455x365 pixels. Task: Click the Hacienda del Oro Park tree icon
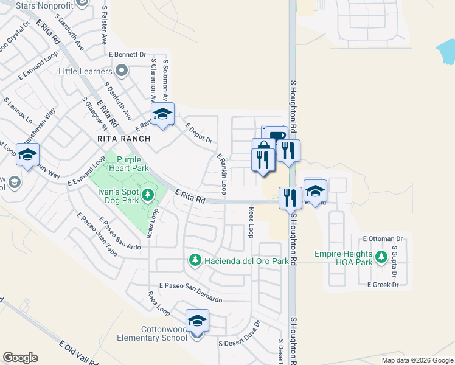tap(195, 260)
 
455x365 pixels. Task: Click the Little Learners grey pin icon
tap(122, 71)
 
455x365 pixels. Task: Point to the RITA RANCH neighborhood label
tap(123, 139)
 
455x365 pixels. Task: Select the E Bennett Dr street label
tap(128, 54)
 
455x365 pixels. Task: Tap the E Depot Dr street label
tap(200, 135)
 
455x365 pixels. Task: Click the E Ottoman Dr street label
tap(383, 239)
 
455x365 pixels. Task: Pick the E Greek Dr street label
tap(383, 284)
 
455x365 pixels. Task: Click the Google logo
tap(20, 358)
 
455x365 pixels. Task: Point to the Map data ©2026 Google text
tap(417, 360)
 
